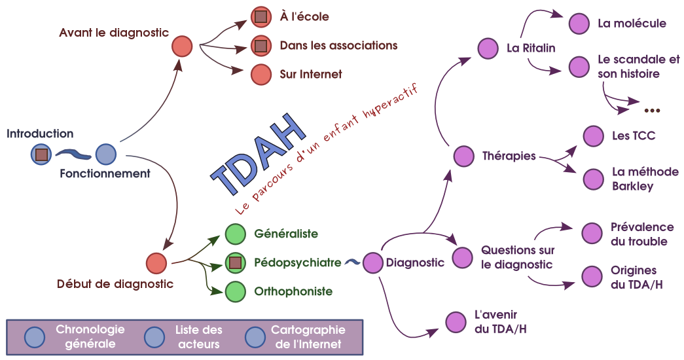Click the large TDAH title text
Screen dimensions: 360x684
point(258,154)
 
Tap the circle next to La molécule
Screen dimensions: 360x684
point(579,24)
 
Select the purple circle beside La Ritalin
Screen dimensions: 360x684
point(488,48)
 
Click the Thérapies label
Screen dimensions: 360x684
point(509,156)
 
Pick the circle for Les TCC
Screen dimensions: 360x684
point(593,136)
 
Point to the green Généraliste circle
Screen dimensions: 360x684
point(235,234)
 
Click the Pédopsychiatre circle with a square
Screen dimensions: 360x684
point(235,263)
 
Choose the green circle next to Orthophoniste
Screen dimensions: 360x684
point(235,292)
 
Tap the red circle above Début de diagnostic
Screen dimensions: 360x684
point(156,263)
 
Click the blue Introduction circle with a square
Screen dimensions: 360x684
point(41,154)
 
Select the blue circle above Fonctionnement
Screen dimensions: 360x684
point(105,154)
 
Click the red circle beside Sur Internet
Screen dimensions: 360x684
point(261,75)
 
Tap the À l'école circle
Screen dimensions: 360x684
point(261,16)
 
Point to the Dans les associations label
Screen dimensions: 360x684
point(338,46)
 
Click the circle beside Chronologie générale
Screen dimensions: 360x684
point(34,337)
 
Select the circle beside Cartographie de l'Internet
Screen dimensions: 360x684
point(255,337)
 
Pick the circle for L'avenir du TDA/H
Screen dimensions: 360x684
point(456,322)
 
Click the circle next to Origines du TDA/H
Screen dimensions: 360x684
point(592,277)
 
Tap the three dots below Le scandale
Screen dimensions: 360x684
point(652,110)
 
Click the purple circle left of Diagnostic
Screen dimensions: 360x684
point(372,263)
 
